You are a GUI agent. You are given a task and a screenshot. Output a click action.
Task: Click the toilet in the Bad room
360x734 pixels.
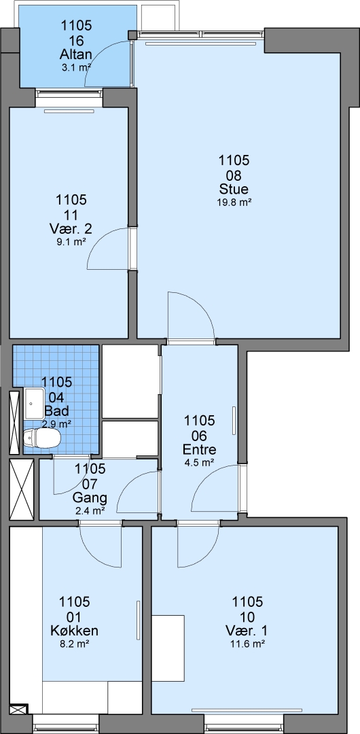(x=41, y=438)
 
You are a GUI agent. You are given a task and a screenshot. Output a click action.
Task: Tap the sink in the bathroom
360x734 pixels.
(x=34, y=403)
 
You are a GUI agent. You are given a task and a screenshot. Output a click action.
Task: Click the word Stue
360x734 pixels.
(x=234, y=189)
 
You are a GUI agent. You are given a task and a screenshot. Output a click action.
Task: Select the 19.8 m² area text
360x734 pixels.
(x=234, y=203)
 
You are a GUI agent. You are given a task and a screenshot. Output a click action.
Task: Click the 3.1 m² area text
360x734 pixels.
(x=75, y=67)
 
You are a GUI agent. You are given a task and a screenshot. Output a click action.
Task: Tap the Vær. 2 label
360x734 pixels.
(x=71, y=229)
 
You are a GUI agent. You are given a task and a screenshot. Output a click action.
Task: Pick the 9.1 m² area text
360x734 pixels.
(x=71, y=243)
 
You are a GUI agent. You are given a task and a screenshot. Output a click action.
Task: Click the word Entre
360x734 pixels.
(x=200, y=450)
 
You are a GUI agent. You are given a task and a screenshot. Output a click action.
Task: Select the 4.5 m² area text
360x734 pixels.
(x=200, y=463)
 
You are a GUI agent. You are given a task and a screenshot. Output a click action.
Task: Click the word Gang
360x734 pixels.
(x=90, y=497)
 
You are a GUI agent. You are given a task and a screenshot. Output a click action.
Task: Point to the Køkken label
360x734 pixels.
(x=74, y=630)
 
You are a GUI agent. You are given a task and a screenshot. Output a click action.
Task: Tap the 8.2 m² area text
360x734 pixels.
(x=74, y=644)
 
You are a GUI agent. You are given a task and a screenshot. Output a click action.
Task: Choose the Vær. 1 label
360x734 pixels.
(x=248, y=629)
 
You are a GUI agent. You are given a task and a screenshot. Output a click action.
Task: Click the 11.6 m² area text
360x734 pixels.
(x=248, y=644)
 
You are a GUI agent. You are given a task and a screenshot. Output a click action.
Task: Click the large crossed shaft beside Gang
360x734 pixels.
(x=22, y=489)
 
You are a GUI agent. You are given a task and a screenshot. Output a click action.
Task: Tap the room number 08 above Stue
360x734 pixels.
(x=234, y=175)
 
